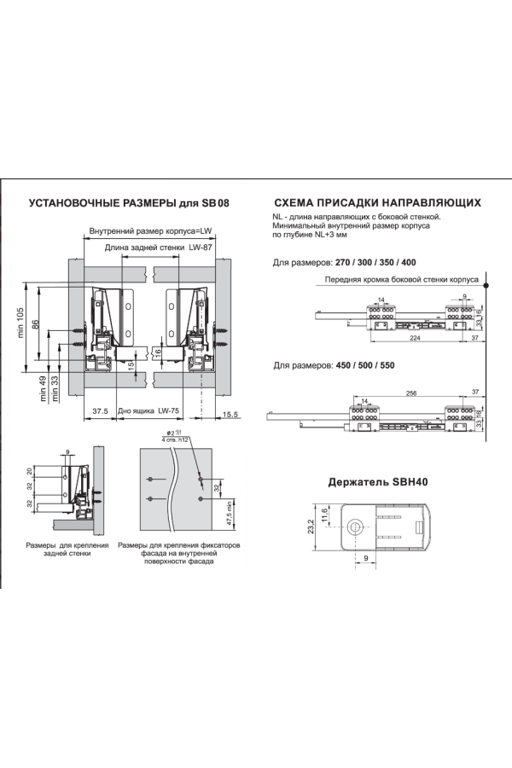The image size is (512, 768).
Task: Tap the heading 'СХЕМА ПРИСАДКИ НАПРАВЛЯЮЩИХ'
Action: (372, 204)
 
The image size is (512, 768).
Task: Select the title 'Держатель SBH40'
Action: (378, 482)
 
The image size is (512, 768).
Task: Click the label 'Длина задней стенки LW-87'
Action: (159, 247)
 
